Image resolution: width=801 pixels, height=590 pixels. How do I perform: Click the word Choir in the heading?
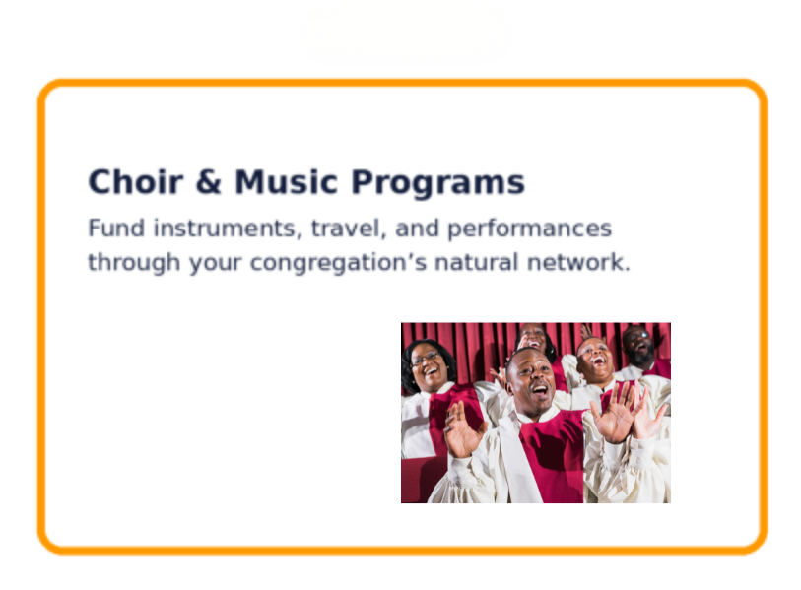(135, 181)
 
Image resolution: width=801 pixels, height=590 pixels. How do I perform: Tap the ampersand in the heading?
(209, 182)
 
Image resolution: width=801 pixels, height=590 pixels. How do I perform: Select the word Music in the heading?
(286, 182)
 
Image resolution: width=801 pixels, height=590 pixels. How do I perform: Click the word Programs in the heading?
(437, 184)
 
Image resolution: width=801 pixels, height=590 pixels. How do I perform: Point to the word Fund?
(116, 228)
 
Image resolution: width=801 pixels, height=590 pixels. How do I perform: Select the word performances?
(530, 229)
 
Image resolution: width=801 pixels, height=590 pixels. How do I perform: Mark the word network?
(578, 262)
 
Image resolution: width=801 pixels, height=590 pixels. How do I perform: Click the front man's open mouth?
(540, 392)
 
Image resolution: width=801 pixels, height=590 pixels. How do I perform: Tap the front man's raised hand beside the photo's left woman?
(462, 429)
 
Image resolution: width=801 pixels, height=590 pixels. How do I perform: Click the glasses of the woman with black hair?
(426, 359)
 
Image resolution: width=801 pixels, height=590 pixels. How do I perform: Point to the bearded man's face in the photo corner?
(638, 345)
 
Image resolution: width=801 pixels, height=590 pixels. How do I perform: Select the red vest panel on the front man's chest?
(553, 455)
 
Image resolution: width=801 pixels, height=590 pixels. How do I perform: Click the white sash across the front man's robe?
(518, 460)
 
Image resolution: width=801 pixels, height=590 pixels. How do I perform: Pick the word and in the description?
(418, 228)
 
